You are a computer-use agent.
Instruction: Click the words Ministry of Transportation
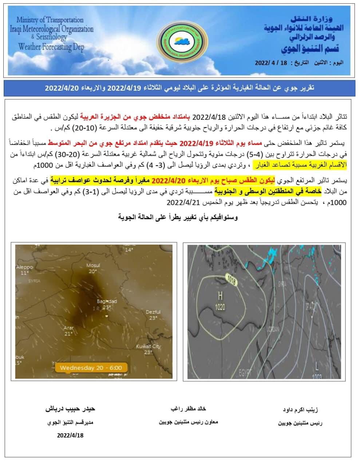pos(50,20)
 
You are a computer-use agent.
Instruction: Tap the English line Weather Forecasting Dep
pos(51,47)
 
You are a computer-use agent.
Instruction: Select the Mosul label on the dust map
pos(93,265)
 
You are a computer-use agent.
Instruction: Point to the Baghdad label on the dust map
pos(107,301)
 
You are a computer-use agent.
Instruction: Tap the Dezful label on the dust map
pos(153,312)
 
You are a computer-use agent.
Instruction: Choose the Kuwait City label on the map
pos(149,347)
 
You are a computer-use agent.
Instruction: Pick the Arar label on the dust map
pos(69,328)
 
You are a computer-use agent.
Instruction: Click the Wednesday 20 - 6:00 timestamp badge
pos(91,368)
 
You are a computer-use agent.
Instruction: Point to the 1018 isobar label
pos(231,280)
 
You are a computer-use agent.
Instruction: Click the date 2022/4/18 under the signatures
pos(70,435)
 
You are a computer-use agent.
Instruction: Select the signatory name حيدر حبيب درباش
pos(70,409)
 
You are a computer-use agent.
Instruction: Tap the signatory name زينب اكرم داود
pos(300,410)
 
